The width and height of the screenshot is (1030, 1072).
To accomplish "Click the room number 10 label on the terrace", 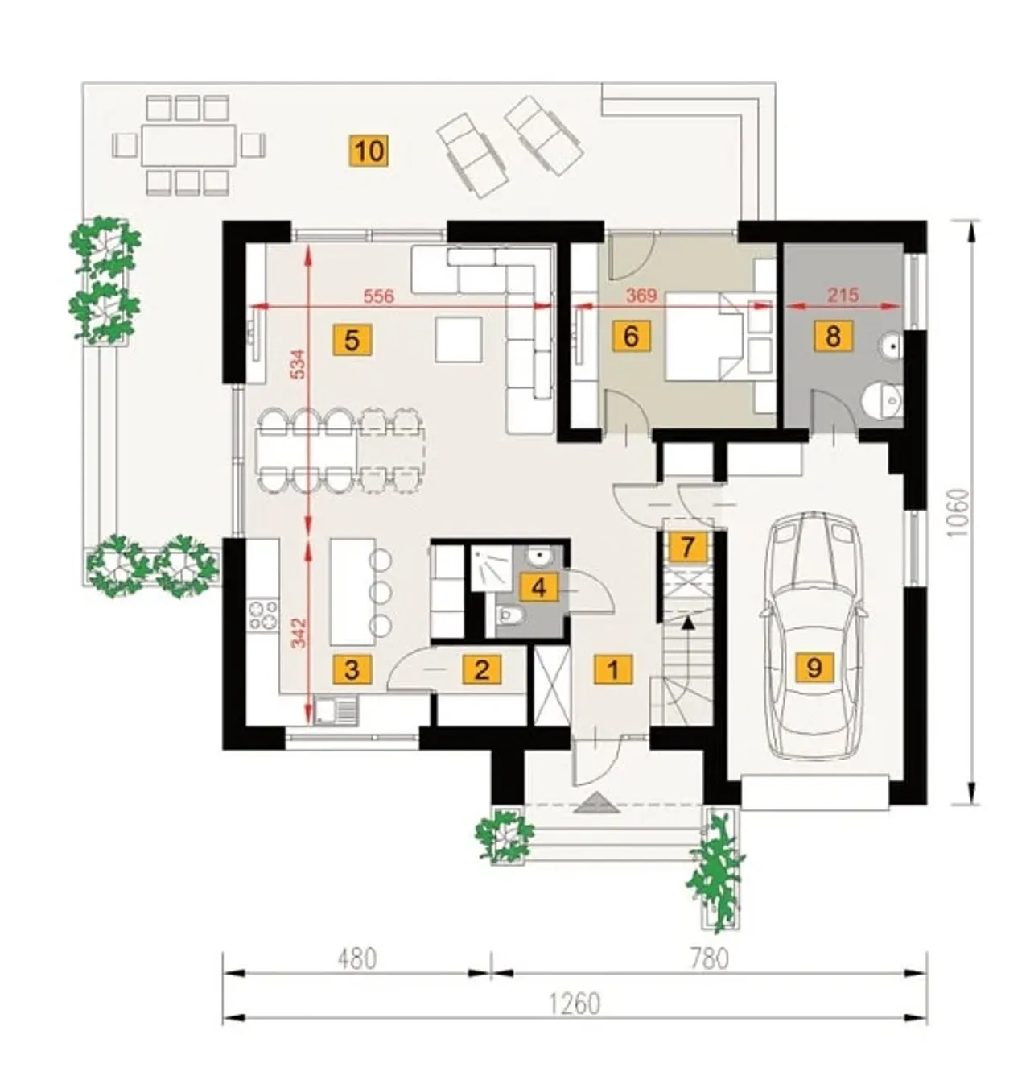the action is pos(369,151).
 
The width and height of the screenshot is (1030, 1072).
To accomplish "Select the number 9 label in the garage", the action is pos(814,668).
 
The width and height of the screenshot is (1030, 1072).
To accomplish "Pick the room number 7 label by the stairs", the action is pos(687,546).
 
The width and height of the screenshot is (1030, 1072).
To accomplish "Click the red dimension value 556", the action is pos(379,296).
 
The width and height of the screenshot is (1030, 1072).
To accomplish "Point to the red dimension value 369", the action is pos(642,296).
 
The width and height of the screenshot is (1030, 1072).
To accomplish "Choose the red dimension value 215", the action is pos(843,296).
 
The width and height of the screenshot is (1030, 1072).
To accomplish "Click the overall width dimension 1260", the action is pos(575,1004).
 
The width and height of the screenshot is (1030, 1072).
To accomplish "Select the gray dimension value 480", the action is pos(356,958).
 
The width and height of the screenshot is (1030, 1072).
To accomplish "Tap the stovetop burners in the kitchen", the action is pos(263,615).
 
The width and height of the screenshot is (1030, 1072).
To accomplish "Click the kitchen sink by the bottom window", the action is pos(336,710).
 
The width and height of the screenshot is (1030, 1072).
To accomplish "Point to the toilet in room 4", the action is pos(511,615).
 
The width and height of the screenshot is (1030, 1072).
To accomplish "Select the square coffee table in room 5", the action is pos(459,339).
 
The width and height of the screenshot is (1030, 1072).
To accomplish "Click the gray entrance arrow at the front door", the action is pos(596,803).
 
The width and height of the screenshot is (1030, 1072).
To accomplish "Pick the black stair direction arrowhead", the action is pos(687,622).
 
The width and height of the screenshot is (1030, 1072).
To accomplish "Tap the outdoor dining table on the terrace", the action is pos(188,146).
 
